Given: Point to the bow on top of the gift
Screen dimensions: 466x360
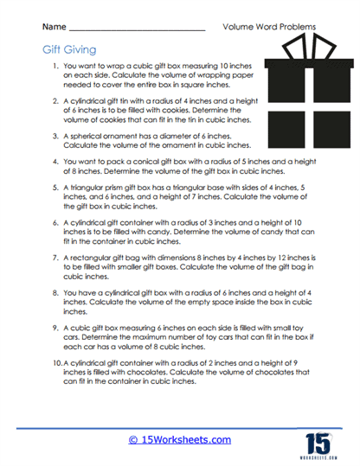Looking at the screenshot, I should coord(302,54).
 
